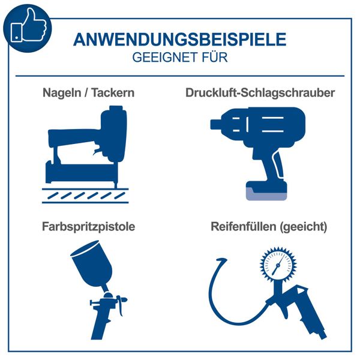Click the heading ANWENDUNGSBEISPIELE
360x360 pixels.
tap(179, 40)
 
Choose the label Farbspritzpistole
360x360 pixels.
tap(88, 227)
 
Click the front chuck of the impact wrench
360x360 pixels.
tap(217, 124)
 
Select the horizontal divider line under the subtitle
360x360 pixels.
tap(179, 76)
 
